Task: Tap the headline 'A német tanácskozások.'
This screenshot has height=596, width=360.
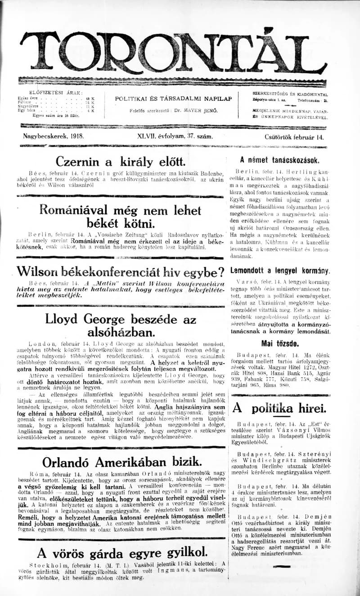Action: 280,160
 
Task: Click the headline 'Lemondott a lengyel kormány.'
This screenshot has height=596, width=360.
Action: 280,271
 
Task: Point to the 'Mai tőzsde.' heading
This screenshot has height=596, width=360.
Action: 280,344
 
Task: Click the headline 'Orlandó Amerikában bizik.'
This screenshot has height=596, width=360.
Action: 122,462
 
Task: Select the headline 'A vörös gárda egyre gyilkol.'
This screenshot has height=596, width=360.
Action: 122,552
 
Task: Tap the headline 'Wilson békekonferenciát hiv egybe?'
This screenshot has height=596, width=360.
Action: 120,272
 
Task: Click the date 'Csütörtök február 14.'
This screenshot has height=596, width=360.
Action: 294,136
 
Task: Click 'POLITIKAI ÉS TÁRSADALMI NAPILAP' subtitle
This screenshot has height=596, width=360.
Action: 173,98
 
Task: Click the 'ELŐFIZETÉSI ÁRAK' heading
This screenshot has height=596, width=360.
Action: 56,93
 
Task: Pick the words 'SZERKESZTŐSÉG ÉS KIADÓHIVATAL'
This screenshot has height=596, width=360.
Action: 290,94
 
